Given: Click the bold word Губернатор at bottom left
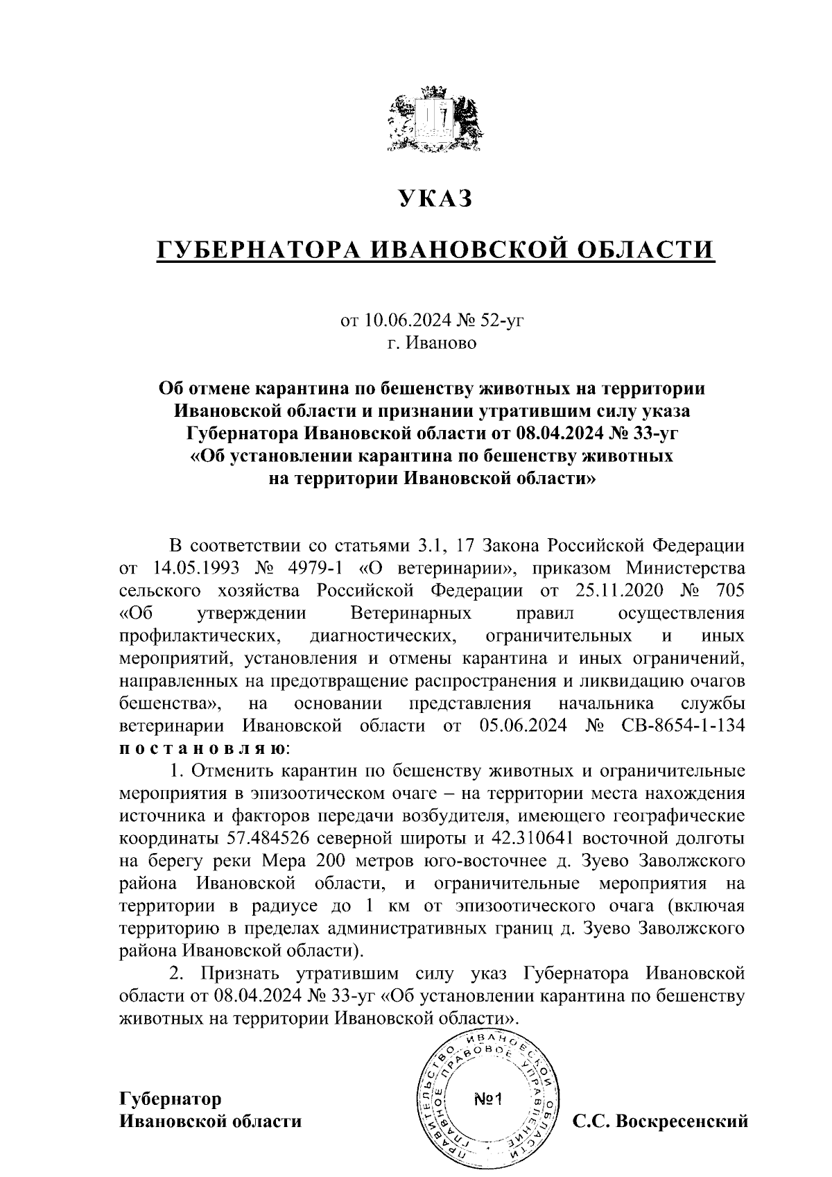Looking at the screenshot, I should [x=171, y=1099].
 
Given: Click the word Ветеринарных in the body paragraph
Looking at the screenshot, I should [x=411, y=614].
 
